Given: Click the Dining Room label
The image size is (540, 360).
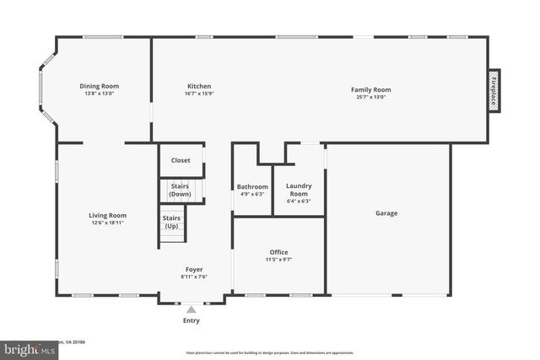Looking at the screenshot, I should tap(100, 86).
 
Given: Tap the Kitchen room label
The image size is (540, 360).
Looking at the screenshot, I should tap(199, 86).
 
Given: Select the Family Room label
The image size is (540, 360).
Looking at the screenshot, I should tap(370, 89).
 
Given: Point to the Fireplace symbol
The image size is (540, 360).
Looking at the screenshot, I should tap(494, 88).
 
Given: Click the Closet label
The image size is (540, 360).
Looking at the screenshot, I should tap(181, 160).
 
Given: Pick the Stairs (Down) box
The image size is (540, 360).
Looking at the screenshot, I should tap(180, 191).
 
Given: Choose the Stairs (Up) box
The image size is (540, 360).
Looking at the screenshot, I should tap(171, 223).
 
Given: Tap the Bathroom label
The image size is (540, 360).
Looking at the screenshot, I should tap(252, 186).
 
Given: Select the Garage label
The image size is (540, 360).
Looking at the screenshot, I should tap(386, 213).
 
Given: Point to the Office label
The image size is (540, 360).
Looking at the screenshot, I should tap(278, 252).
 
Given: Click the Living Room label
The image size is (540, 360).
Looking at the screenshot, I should tap(107, 215).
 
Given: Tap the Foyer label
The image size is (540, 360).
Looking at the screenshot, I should tap(194, 270).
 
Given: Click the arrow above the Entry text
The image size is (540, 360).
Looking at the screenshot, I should tap(192, 309).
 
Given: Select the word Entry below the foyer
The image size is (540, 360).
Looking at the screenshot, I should tap(192, 320).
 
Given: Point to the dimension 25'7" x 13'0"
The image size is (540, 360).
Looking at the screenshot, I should tap(370, 97).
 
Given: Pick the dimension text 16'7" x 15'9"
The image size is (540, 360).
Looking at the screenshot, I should tap(199, 94).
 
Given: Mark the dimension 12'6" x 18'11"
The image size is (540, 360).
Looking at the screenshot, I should tap(107, 223).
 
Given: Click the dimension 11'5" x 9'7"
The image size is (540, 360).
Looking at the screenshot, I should tap(278, 260).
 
